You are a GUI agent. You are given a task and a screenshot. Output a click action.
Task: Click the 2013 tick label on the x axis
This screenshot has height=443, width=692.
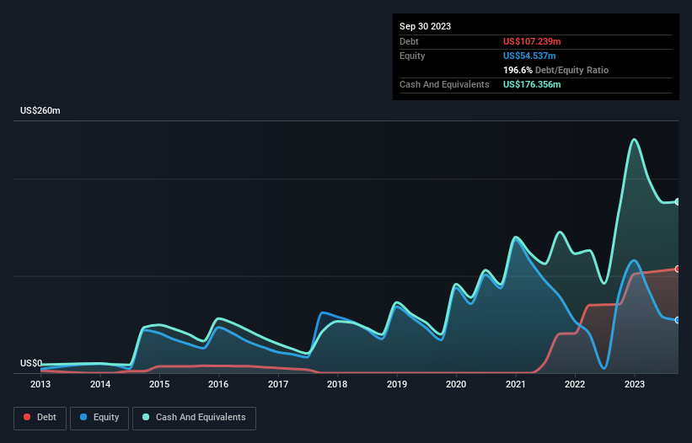tap(40, 384)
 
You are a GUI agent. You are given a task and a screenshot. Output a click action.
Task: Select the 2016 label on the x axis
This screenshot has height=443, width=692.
tap(218, 384)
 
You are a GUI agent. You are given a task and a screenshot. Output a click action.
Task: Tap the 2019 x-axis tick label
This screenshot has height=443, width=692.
tap(397, 384)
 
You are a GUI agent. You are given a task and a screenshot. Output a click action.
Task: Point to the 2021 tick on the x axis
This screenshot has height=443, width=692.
tap(515, 384)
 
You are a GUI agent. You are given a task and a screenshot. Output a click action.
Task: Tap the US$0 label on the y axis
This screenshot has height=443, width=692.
tap(31, 363)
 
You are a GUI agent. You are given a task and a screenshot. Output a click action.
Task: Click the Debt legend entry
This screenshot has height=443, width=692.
tap(40, 417)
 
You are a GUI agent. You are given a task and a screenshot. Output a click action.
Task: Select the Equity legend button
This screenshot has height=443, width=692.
tap(99, 417)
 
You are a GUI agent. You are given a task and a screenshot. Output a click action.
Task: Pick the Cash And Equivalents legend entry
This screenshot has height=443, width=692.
tap(194, 417)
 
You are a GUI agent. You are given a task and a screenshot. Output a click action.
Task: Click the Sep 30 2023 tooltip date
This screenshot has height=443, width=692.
tap(425, 26)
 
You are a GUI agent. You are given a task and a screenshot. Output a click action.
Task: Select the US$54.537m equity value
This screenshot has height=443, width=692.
tap(528, 56)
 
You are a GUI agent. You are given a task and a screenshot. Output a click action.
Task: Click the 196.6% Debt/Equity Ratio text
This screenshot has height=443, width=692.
tap(555, 71)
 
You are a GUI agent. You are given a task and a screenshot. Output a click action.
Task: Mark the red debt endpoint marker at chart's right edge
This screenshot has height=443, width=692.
tap(677, 269)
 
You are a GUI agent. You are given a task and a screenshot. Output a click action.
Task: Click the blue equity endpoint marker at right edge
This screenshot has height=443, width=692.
tap(677, 320)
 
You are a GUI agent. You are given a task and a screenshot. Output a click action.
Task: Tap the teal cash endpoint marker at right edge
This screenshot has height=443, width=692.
tap(677, 202)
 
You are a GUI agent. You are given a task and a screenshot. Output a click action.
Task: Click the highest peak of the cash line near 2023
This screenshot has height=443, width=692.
tap(634, 140)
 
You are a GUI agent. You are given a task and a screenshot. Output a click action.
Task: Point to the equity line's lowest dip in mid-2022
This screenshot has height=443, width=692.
tap(604, 368)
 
